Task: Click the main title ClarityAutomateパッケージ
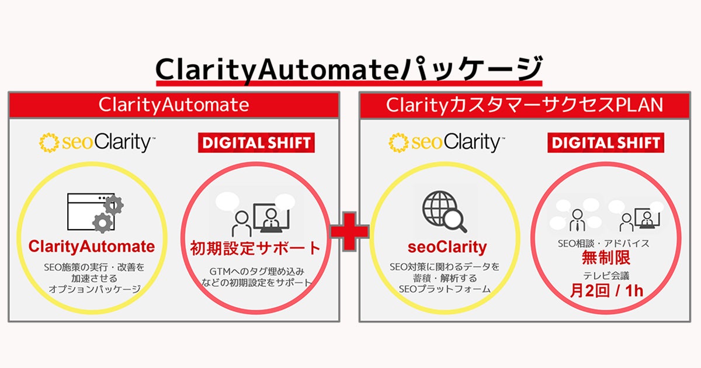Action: (x=349, y=69)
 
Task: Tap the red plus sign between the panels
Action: (x=349, y=230)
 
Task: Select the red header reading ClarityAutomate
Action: (x=173, y=105)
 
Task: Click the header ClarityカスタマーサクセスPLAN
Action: (x=524, y=105)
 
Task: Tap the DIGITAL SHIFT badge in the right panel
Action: (x=605, y=143)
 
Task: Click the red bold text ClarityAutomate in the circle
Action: (x=92, y=247)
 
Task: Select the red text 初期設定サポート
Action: (x=256, y=248)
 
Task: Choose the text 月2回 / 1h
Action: (x=606, y=290)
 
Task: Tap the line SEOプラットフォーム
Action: (x=445, y=289)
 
